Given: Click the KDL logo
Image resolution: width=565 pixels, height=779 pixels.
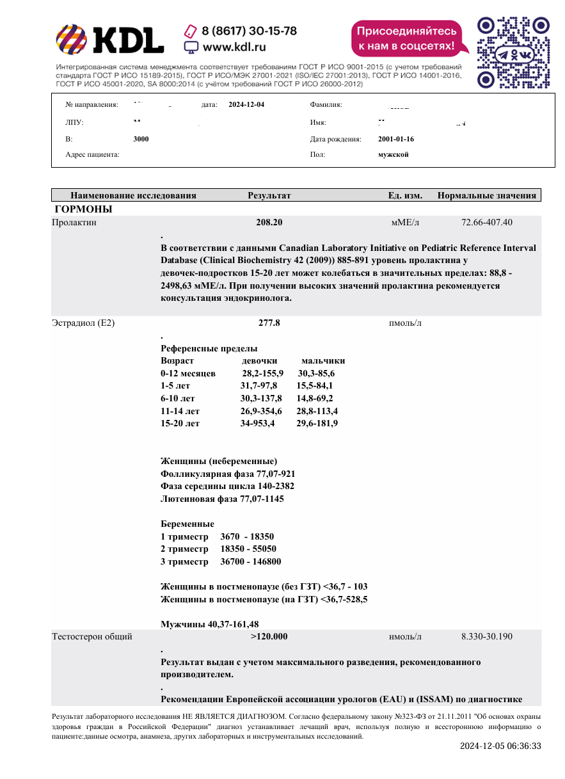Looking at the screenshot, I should click(109, 40).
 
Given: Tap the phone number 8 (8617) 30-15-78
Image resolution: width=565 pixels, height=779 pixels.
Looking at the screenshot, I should click(249, 31).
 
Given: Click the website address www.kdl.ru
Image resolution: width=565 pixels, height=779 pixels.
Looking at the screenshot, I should click(234, 47).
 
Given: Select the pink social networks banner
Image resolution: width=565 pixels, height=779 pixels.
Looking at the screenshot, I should click(407, 38).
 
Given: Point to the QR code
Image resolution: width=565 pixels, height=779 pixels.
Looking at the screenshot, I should click(514, 52).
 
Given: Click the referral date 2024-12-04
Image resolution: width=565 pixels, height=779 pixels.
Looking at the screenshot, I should click(246, 104).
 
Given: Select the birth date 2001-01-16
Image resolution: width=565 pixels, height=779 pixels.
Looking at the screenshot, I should click(396, 139).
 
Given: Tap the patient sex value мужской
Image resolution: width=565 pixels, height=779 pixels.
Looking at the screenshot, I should click(394, 154).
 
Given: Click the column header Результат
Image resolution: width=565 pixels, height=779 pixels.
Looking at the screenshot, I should click(269, 195).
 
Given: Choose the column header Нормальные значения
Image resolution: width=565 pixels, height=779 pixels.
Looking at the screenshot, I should click(486, 195).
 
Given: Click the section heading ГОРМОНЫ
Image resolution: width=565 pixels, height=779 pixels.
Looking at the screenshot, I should click(84, 209).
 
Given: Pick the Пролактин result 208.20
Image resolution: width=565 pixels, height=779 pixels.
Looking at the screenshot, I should click(269, 223).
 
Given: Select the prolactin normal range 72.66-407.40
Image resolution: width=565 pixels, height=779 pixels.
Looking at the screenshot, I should click(486, 223).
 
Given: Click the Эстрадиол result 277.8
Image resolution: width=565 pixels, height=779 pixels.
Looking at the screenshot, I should click(269, 323).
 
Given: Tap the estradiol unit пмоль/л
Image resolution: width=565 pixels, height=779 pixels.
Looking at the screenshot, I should click(405, 323).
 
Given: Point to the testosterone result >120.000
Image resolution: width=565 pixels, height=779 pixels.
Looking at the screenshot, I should click(269, 636).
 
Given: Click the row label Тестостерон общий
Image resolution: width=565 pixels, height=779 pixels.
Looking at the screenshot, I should click(92, 636).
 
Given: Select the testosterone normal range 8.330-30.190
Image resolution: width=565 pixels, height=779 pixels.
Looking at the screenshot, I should click(486, 636).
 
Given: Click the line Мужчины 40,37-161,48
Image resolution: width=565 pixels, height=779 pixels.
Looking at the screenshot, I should click(209, 624).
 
